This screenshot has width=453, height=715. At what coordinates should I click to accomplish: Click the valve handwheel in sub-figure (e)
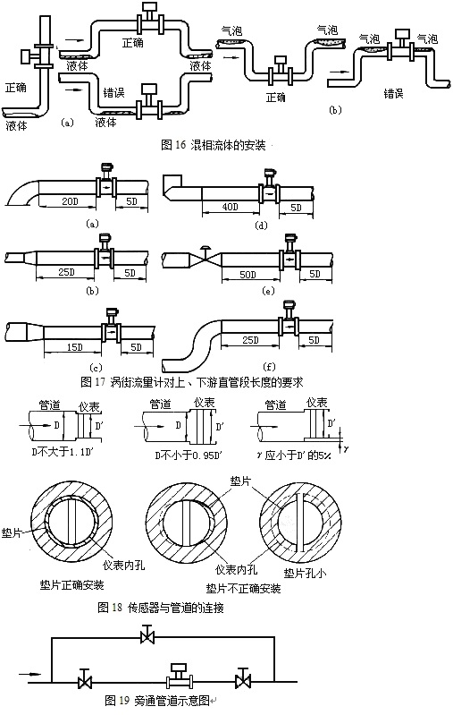pos(206,248)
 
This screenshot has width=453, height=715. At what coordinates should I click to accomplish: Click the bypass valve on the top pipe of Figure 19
pos(145,636)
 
